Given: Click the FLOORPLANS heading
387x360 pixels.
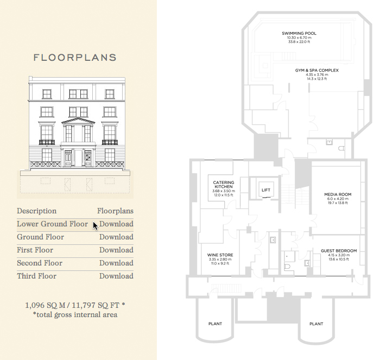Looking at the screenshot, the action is (x=75, y=58).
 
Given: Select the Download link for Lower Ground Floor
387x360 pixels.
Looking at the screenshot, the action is (x=116, y=224).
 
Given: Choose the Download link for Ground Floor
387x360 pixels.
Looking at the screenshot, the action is (x=116, y=237).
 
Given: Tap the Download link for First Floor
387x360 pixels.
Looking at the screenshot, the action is (x=116, y=250).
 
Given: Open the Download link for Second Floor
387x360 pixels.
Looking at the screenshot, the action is (x=116, y=263).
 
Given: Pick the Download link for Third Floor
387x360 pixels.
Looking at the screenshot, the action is (x=116, y=276).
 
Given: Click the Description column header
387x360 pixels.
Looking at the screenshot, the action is (x=36, y=211).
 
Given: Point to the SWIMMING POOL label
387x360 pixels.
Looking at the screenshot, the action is (x=299, y=33).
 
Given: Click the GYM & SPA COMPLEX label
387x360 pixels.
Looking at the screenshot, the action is (x=317, y=71).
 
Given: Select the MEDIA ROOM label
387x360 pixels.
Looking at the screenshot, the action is (x=338, y=194).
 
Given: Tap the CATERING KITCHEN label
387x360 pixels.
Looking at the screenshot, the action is (x=224, y=185).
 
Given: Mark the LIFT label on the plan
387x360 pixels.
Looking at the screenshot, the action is (x=266, y=190).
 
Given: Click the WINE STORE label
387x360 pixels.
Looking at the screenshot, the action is (x=220, y=255).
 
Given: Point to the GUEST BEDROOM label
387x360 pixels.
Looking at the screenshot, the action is (x=339, y=251).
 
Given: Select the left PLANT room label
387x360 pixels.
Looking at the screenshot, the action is (x=215, y=324).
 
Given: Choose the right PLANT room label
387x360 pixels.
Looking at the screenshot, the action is (x=316, y=324).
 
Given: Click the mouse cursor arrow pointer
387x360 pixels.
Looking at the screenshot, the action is (x=95, y=225).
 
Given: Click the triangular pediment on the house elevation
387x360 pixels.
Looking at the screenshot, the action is (x=78, y=121).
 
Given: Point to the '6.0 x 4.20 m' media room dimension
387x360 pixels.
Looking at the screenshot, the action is (x=338, y=199).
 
